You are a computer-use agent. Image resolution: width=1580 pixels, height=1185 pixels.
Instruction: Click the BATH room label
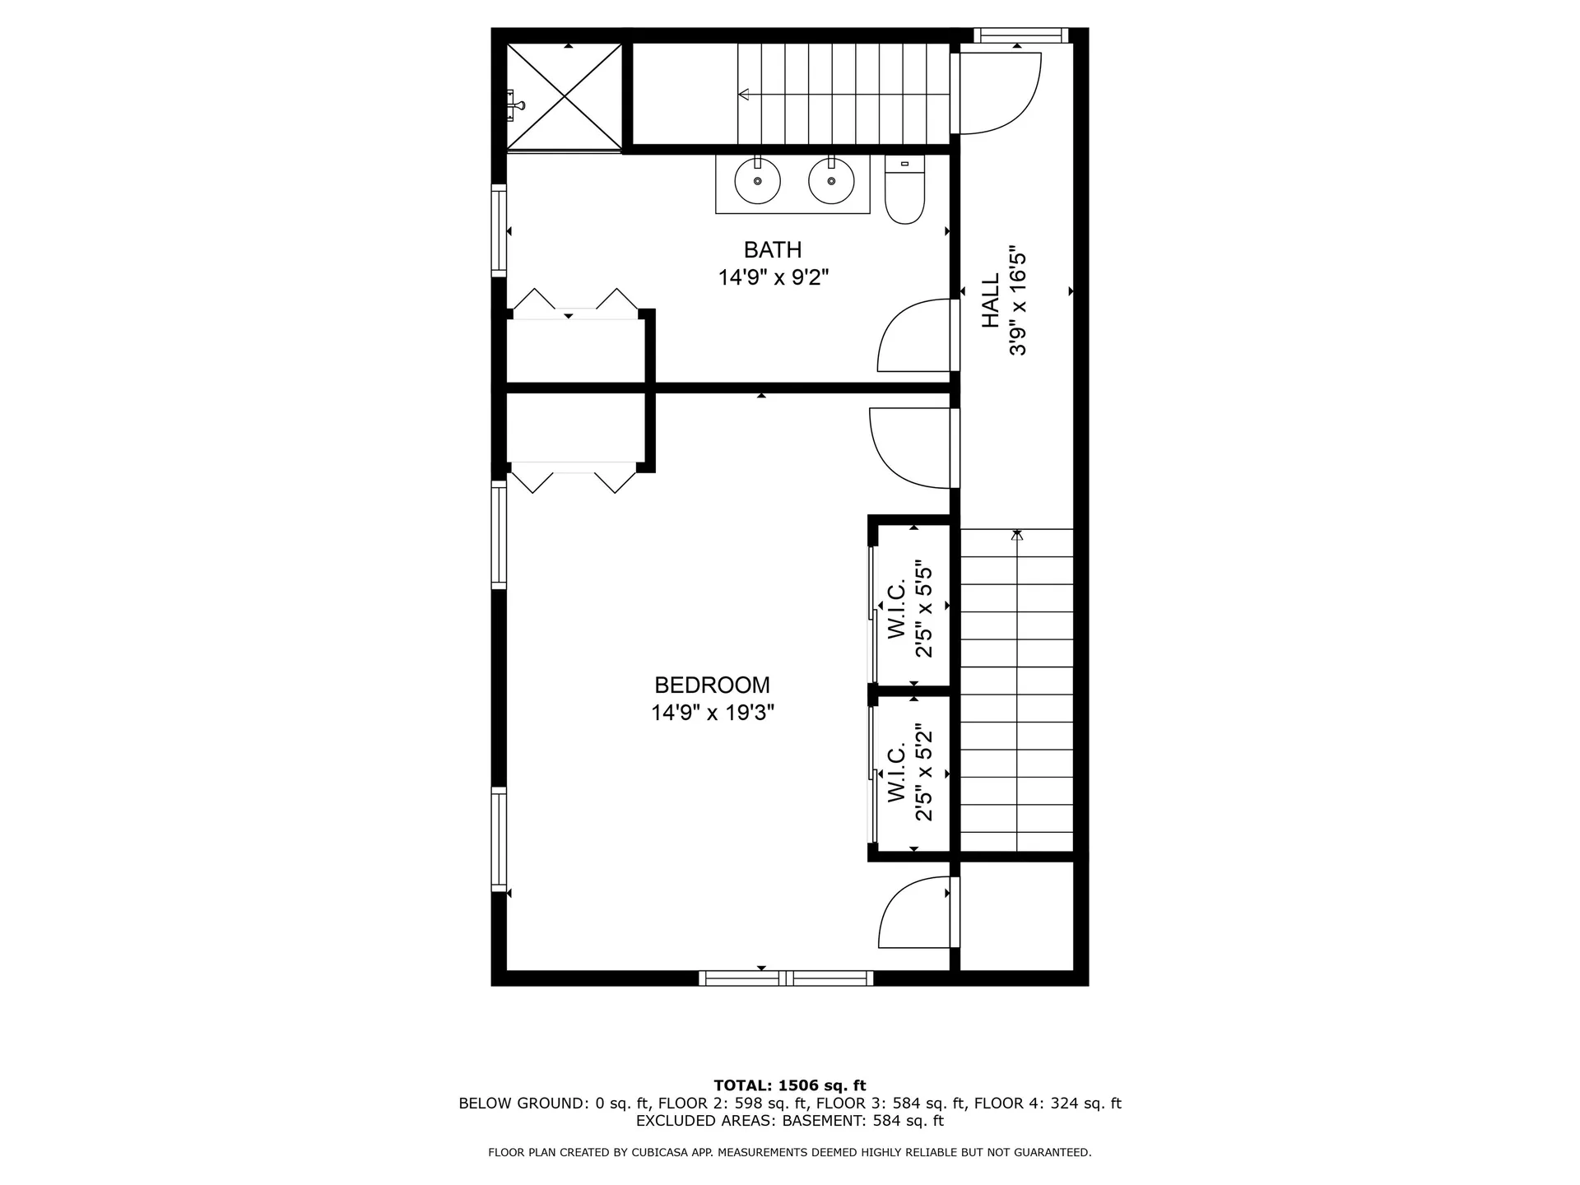pyautogui.click(x=772, y=249)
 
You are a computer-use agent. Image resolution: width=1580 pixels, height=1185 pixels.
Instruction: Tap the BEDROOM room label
pyautogui.click(x=712, y=685)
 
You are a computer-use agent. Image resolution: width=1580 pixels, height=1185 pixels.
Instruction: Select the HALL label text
pyautogui.click(x=991, y=300)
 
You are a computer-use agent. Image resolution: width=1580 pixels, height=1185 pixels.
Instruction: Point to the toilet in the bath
pyautogui.click(x=904, y=191)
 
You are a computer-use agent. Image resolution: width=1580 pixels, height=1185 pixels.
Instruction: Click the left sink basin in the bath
pyautogui.click(x=757, y=181)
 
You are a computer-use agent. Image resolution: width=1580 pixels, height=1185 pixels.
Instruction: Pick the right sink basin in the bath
pyautogui.click(x=831, y=181)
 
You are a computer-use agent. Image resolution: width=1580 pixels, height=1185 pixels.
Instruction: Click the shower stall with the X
pyautogui.click(x=565, y=97)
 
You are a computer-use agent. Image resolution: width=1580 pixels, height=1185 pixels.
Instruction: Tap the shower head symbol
pyautogui.click(x=516, y=104)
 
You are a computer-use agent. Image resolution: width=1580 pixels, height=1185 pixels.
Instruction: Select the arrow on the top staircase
pyautogui.click(x=745, y=95)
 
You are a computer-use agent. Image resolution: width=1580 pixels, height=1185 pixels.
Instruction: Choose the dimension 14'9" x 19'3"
pyautogui.click(x=713, y=713)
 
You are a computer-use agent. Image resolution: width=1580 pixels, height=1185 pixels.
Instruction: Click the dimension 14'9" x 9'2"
pyautogui.click(x=773, y=277)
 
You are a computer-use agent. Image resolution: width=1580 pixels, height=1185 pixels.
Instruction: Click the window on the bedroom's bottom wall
pyautogui.click(x=786, y=978)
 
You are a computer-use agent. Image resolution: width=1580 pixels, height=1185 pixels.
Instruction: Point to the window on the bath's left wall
pyautogui.click(x=499, y=230)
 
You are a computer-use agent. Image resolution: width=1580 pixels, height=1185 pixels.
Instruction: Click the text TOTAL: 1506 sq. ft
pyautogui.click(x=789, y=1085)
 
